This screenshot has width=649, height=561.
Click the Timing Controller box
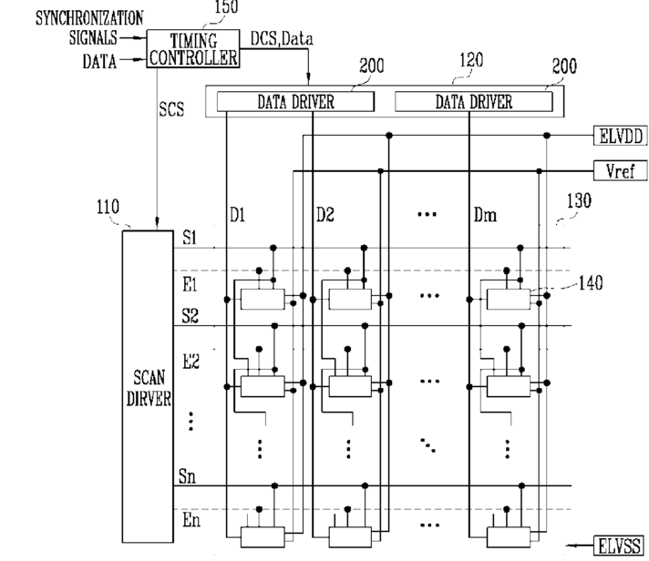pyautogui.click(x=193, y=49)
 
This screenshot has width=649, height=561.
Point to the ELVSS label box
pyautogui.click(x=619, y=546)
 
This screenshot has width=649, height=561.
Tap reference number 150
pyautogui.click(x=224, y=7)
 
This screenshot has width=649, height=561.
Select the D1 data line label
pyautogui.click(x=239, y=217)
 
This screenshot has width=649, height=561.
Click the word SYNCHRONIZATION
pyautogui.click(x=89, y=17)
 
